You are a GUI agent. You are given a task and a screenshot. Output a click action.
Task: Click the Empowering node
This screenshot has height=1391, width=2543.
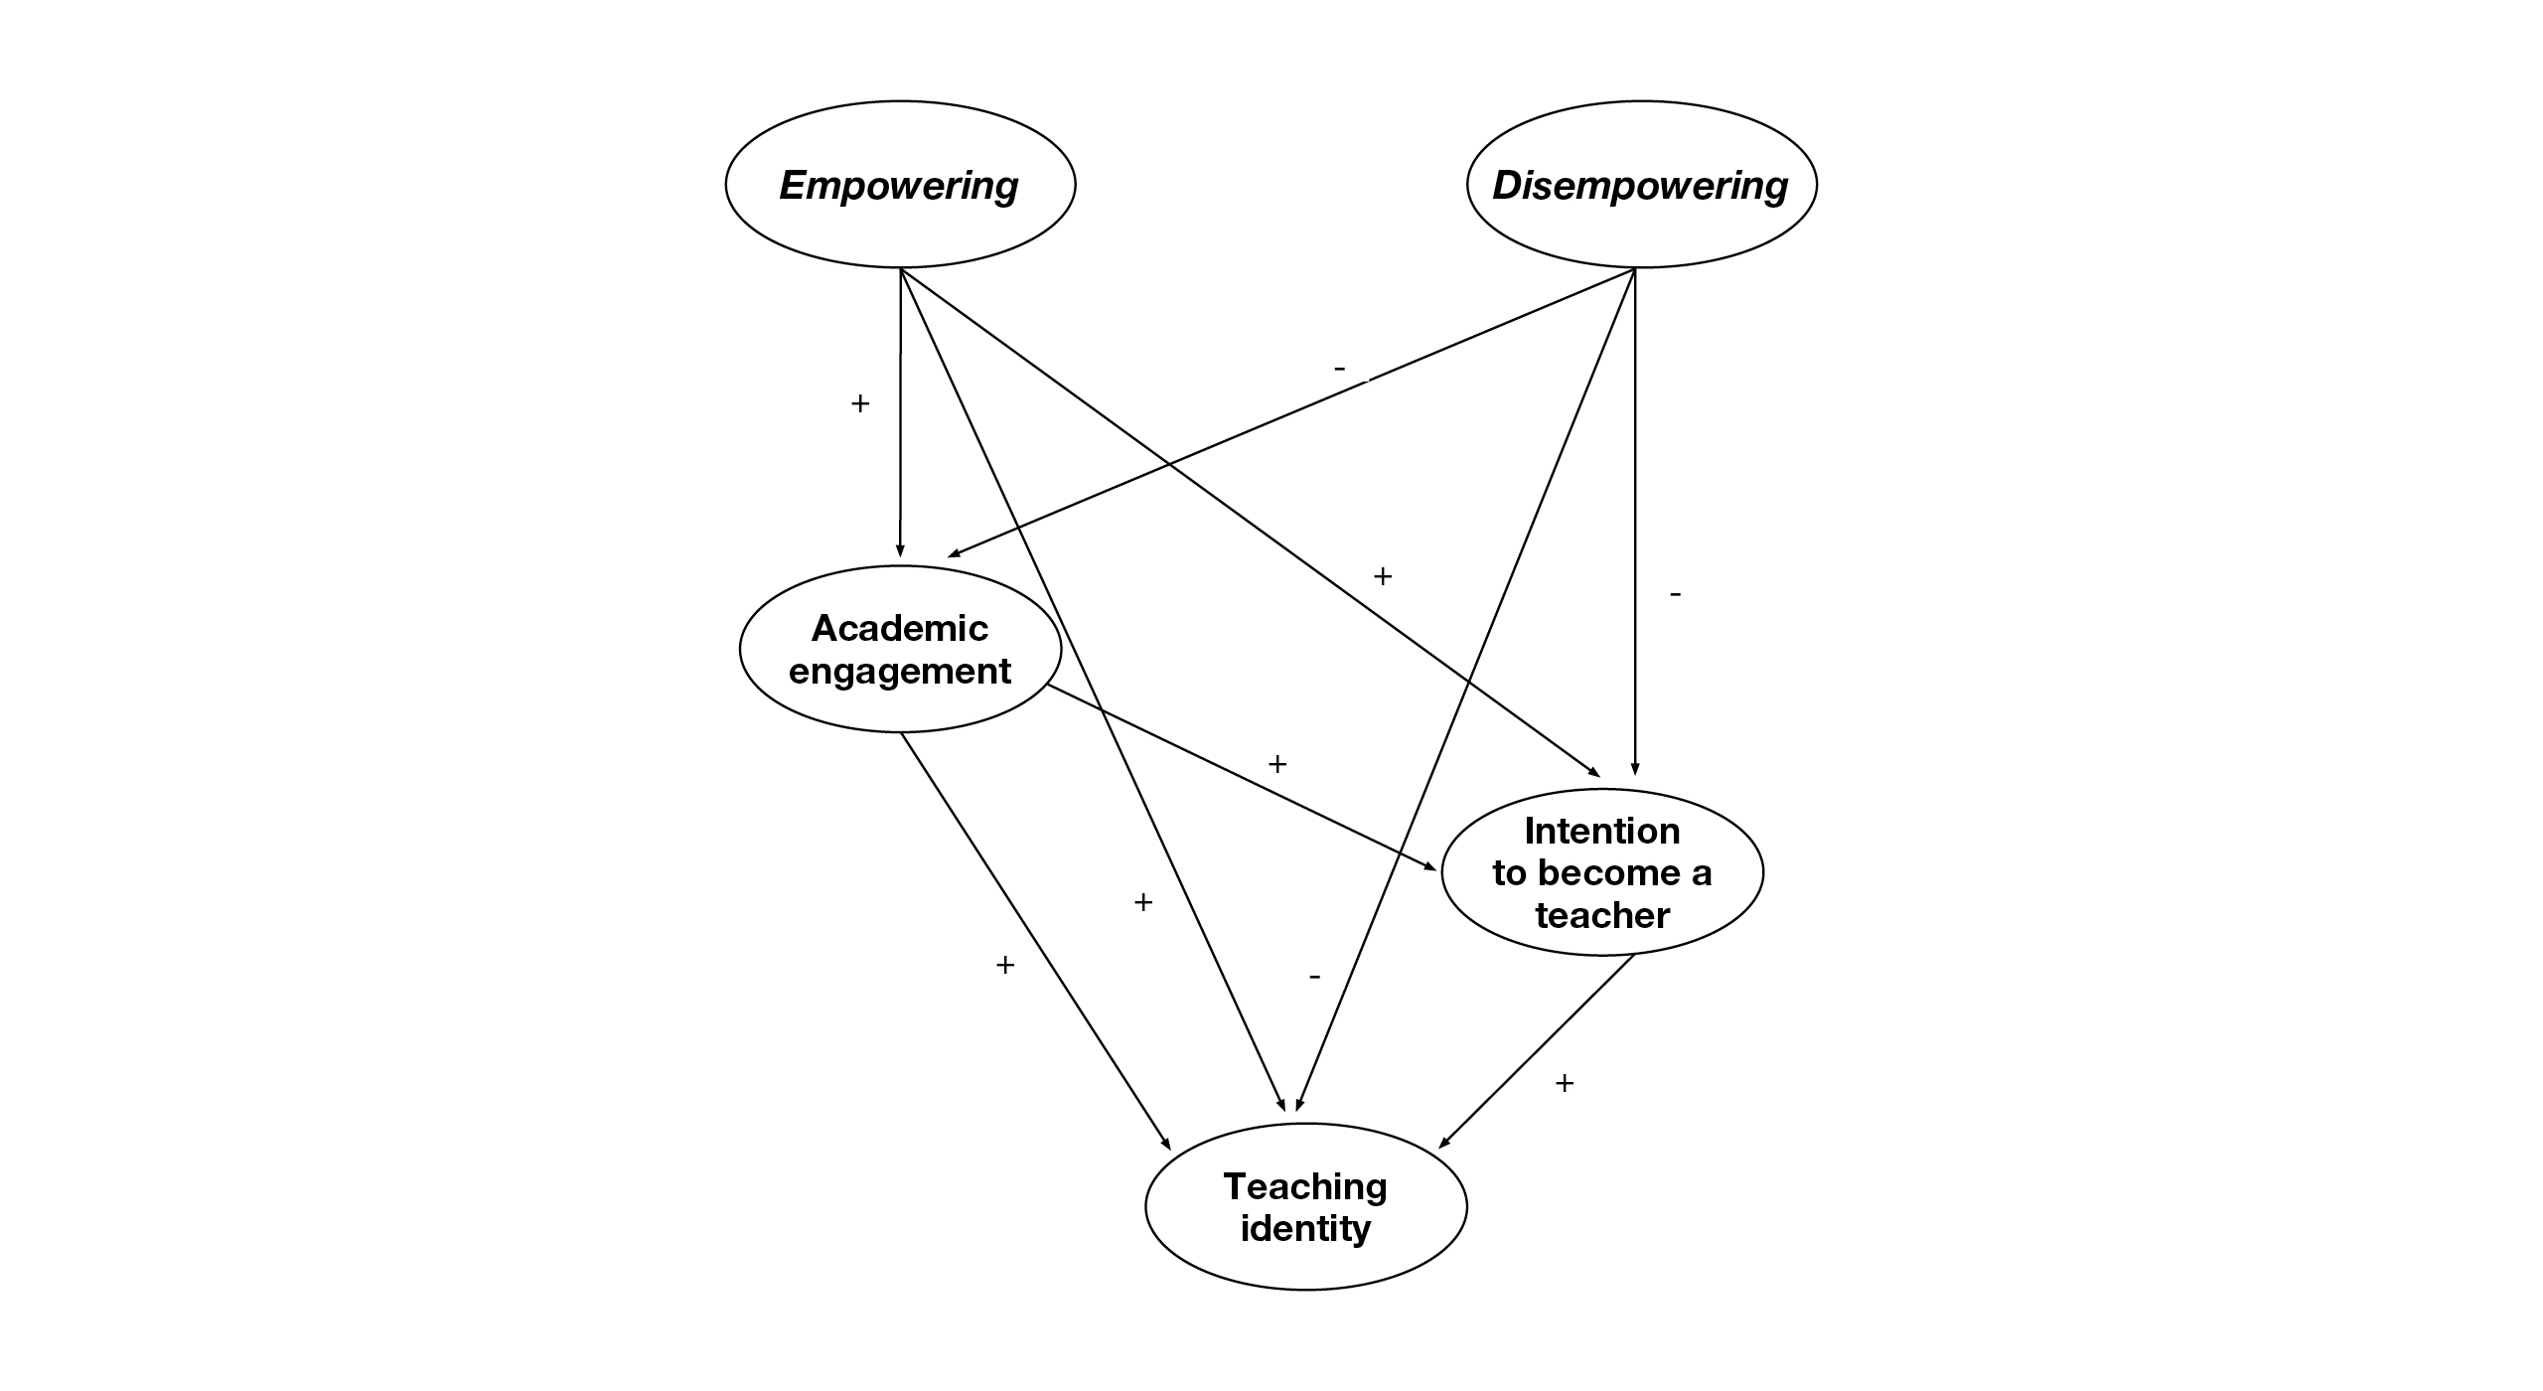900,185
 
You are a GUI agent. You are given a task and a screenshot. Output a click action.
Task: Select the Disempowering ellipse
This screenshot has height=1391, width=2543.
1641,185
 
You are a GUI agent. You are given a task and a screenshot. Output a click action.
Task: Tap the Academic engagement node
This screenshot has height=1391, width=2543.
900,649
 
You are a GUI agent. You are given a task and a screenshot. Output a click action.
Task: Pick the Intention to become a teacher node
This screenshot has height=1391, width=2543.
1601,872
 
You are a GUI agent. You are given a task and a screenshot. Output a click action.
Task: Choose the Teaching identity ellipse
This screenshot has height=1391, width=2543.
1305,1207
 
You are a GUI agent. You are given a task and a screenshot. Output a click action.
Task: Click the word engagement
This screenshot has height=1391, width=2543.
900,672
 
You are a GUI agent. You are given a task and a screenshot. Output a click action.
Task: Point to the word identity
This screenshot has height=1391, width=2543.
1305,1229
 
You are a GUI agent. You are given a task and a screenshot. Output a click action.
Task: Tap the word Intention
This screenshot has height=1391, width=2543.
1601,831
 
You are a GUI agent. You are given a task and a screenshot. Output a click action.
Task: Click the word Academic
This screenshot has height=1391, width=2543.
900,628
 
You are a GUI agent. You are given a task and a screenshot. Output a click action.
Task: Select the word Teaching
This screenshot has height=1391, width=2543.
1305,1186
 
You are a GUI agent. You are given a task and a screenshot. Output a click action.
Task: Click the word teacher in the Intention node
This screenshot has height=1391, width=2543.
1601,915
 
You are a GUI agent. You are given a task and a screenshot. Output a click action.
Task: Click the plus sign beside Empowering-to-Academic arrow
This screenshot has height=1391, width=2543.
860,403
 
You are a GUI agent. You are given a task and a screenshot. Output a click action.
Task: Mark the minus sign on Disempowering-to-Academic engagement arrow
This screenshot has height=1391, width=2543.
1340,370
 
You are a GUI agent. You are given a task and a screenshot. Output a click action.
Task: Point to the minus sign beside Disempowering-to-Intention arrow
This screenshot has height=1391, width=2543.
1676,594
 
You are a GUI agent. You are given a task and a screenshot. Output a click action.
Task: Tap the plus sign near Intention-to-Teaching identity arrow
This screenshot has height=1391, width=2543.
1565,1083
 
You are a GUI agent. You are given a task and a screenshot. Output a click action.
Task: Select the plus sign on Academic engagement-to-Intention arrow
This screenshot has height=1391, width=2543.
1277,764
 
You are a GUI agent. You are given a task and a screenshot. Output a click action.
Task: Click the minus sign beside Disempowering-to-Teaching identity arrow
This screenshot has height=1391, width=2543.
1314,978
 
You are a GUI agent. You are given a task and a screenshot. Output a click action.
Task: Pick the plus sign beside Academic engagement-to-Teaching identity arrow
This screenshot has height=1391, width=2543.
1005,965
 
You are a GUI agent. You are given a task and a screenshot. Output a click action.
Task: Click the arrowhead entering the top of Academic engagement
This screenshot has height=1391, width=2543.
900,551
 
